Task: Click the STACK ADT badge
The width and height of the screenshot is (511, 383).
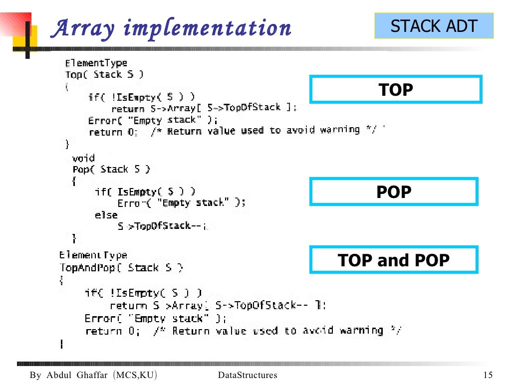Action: click(434, 26)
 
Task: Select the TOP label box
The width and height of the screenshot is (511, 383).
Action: click(396, 90)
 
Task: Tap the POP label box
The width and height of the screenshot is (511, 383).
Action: click(394, 191)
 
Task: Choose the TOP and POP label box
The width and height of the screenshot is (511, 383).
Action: click(394, 260)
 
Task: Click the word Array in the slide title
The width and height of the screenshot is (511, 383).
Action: click(83, 28)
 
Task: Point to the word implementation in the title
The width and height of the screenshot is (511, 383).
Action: click(207, 28)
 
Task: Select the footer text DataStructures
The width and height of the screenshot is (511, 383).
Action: click(248, 375)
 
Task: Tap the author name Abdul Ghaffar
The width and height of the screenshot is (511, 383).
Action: click(77, 375)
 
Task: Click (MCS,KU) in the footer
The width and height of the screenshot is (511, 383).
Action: click(135, 375)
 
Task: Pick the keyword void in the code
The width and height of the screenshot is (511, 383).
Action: click(83, 158)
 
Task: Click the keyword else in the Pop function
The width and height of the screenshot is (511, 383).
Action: click(106, 215)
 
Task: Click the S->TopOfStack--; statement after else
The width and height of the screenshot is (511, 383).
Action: click(161, 226)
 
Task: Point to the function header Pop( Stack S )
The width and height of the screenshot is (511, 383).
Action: click(111, 170)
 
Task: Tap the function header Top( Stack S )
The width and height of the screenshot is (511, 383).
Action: click(104, 75)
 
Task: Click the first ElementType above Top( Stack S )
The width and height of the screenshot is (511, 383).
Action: click(96, 63)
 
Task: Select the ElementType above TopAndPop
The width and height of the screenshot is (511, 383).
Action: click(93, 255)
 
